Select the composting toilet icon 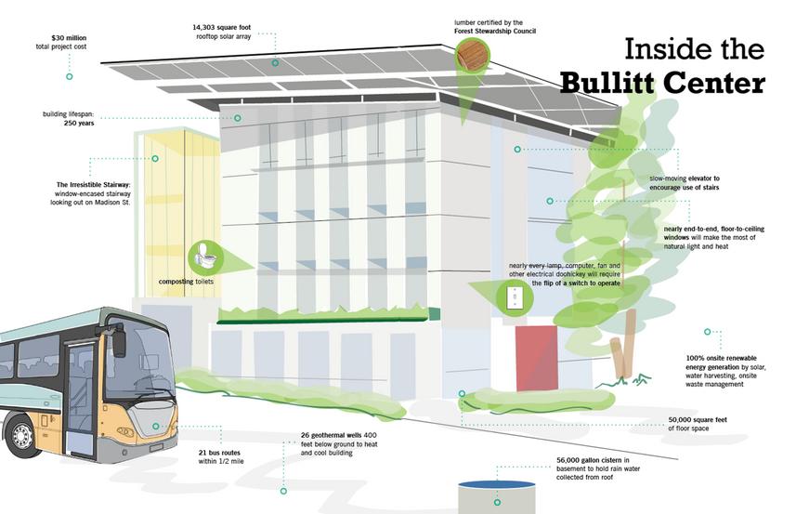pos(204,255)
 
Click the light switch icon pos(514,298)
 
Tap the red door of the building pos(537,358)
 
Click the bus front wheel pos(20,436)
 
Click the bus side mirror pos(119,343)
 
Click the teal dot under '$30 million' pos(69,76)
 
